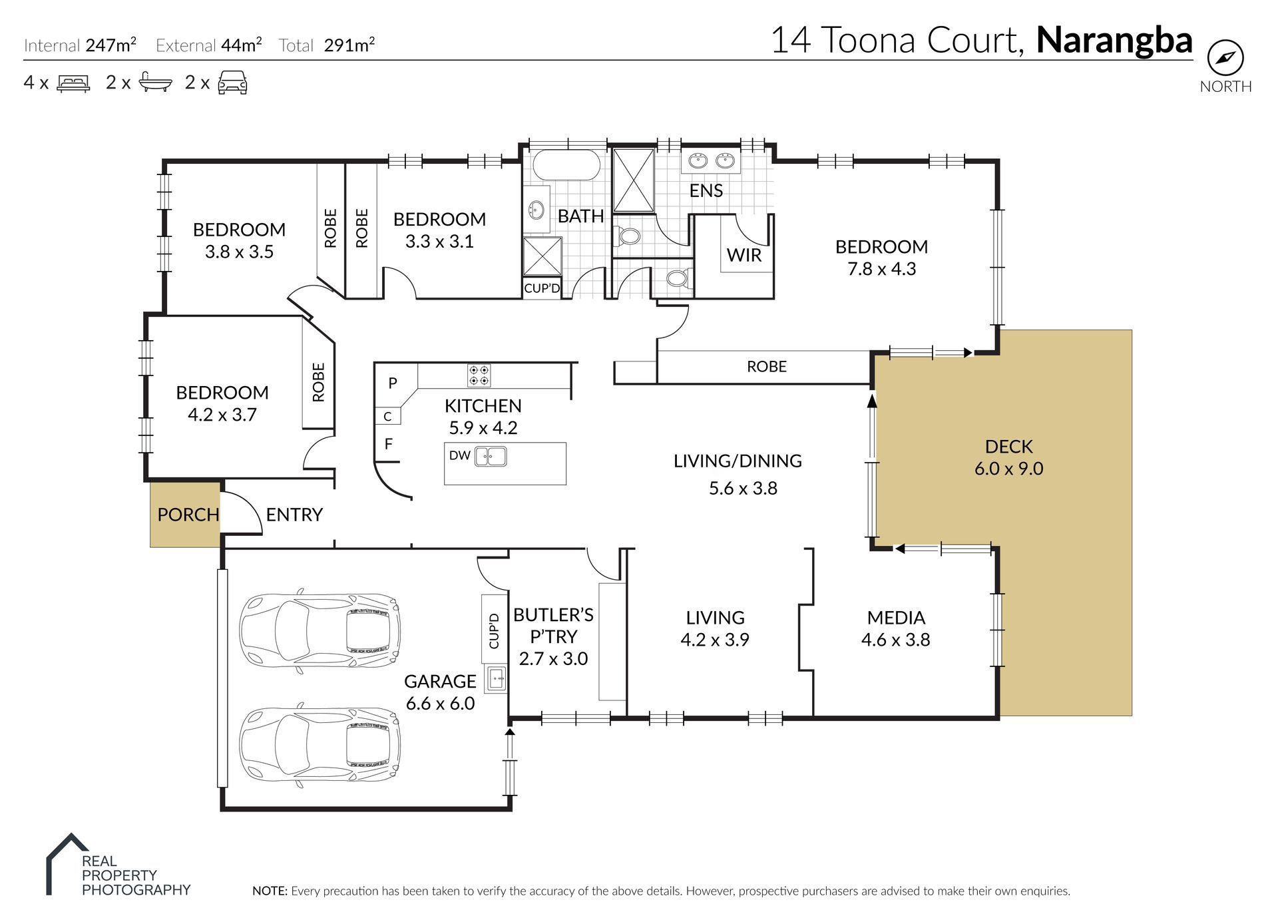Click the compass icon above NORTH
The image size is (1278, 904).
point(1225,59)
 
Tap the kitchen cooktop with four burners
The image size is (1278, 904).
point(479,375)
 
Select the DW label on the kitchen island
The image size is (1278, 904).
point(459,456)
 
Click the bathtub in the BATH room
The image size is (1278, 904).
point(566,165)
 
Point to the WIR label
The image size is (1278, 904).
point(744,255)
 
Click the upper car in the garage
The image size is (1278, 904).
point(319,628)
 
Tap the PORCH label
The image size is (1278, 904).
point(188,515)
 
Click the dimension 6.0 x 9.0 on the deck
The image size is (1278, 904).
point(1008,469)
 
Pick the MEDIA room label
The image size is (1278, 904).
point(896,618)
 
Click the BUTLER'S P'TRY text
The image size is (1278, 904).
point(553,626)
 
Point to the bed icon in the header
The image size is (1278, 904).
point(73,83)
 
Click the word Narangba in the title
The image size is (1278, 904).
point(1114,40)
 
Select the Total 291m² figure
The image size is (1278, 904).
point(348,45)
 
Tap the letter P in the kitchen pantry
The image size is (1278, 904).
point(393,383)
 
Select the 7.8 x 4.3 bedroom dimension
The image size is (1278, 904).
point(881,269)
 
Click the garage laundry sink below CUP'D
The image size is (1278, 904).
point(496,680)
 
